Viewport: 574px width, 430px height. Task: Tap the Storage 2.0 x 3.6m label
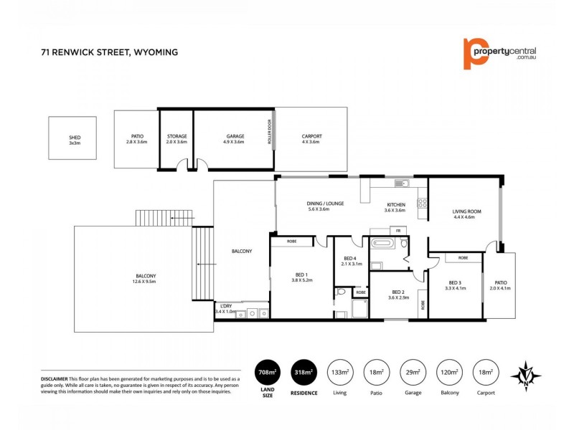click(177, 138)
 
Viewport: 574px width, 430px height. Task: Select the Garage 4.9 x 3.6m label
click(235, 138)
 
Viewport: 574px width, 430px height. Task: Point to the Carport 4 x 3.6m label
click(311, 138)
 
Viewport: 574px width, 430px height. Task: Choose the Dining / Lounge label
click(326, 206)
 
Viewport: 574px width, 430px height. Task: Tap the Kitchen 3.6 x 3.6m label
click(395, 207)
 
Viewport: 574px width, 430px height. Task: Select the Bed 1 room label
click(301, 277)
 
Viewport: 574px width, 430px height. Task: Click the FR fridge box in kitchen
click(396, 231)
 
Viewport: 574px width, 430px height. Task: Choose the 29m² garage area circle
click(412, 373)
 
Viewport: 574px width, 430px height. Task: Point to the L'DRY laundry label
click(225, 307)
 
